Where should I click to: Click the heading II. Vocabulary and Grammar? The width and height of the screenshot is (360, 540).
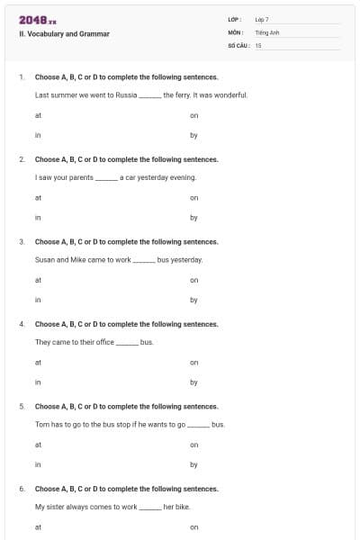(x=64, y=33)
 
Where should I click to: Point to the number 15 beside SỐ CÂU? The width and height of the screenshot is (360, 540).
(x=258, y=44)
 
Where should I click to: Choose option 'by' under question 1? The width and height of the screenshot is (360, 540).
(x=193, y=135)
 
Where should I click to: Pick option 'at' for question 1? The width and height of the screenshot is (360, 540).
(x=38, y=115)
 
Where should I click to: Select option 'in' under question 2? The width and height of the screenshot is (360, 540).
(x=38, y=217)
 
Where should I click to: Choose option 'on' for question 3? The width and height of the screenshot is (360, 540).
(x=193, y=280)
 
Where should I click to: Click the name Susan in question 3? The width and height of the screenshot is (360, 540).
(x=45, y=259)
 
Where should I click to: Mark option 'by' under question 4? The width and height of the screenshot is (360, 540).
(x=193, y=382)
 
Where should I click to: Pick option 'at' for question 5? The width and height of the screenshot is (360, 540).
(x=38, y=444)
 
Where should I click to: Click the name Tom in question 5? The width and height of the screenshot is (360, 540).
(x=41, y=423)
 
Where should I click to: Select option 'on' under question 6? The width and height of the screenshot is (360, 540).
(x=193, y=526)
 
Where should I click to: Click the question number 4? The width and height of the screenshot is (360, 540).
(x=22, y=324)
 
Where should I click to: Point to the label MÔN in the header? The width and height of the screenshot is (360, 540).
(x=235, y=31)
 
